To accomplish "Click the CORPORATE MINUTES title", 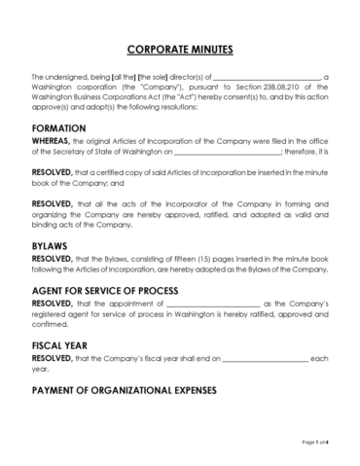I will [x=180, y=49].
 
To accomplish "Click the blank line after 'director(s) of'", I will [x=266, y=77].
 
